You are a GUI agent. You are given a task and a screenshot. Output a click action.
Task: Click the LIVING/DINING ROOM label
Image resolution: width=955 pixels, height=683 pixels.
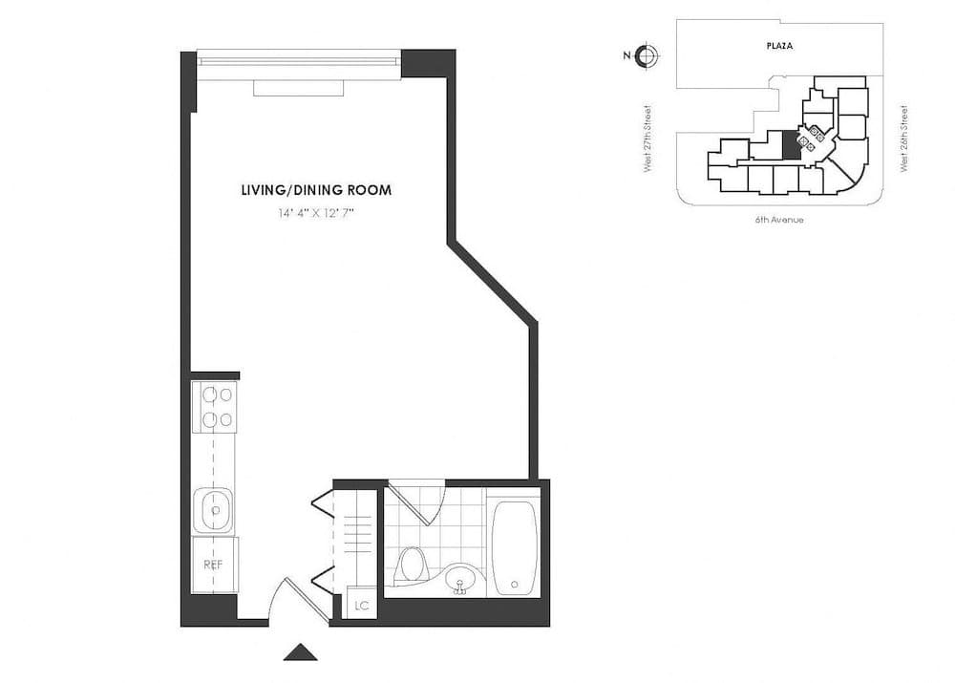pos(316,190)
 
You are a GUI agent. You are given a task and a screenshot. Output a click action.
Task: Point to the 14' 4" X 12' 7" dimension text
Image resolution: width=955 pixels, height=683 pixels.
pos(316,214)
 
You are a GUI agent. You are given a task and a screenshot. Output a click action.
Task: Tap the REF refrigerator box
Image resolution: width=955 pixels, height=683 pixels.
pos(214,565)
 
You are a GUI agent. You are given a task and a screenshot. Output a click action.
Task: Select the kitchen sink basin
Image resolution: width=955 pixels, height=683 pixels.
pos(214,509)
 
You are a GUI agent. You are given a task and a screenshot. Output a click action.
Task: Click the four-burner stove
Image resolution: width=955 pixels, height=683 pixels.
pos(215,406)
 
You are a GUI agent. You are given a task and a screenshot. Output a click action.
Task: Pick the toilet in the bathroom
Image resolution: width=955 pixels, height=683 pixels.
pos(412,564)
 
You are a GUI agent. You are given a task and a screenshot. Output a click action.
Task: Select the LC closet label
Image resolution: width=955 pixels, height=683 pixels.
pos(362,605)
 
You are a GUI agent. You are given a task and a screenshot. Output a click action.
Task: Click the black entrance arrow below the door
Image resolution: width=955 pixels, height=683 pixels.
pos(301,652)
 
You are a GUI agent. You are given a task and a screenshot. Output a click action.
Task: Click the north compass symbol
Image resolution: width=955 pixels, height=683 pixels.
pos(647,55)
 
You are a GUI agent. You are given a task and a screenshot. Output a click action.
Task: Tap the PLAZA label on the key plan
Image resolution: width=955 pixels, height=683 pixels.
pos(780,46)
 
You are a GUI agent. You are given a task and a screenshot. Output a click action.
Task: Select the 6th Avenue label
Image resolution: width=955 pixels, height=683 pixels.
pos(778,220)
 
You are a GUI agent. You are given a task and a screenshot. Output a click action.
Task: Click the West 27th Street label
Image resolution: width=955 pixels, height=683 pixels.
pos(648,139)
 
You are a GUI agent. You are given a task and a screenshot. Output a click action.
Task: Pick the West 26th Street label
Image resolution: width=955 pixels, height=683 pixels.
pos(903,139)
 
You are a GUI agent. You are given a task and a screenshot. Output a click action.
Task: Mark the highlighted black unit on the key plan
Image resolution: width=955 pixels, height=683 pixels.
pos(791,145)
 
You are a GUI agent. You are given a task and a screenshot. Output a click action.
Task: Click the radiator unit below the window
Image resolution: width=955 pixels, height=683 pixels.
pos(298,88)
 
